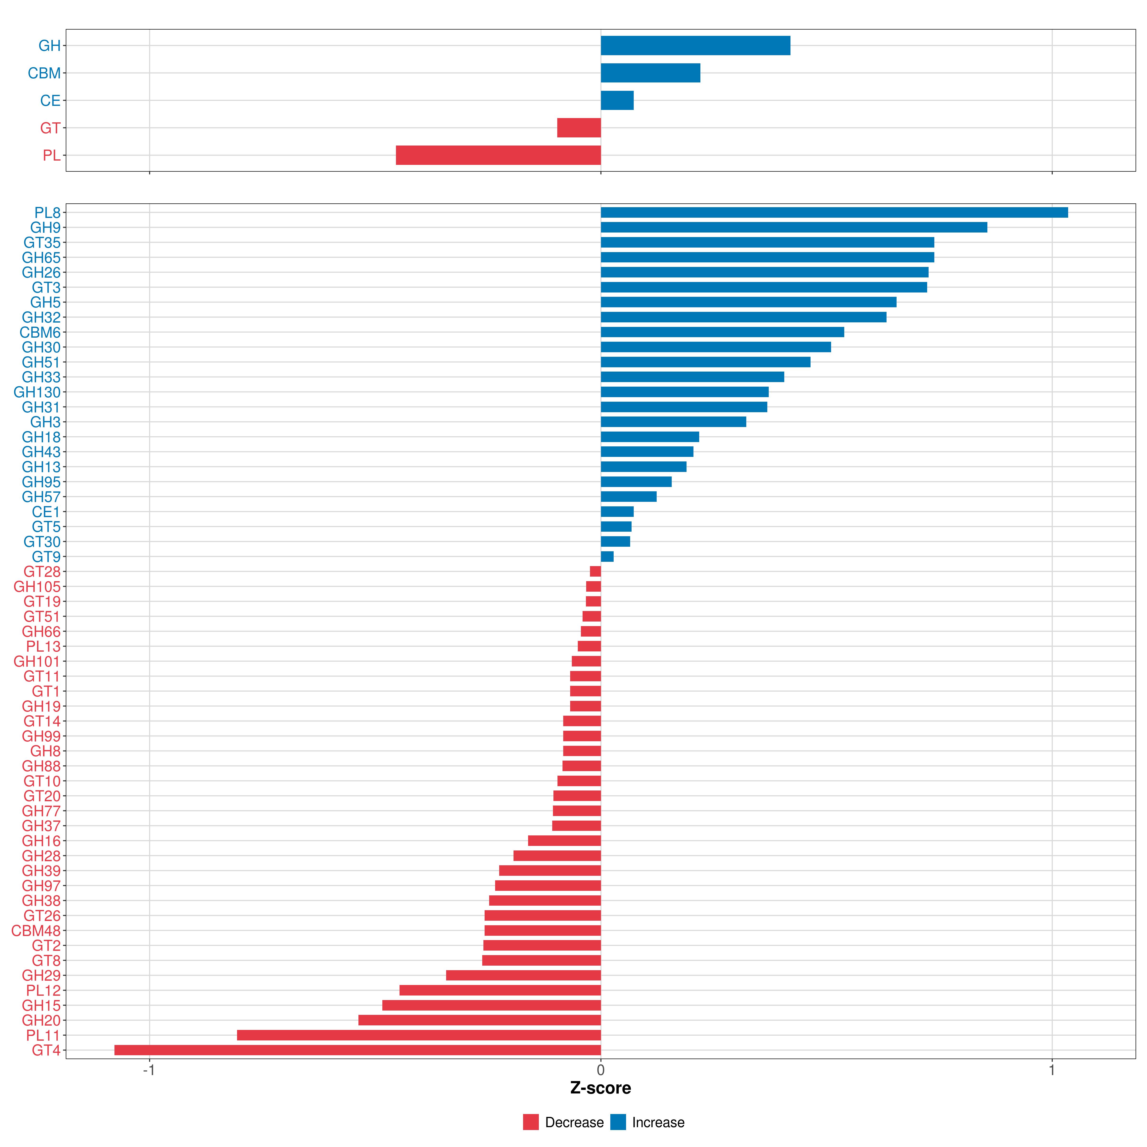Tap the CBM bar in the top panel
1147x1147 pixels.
pyautogui.click(x=650, y=73)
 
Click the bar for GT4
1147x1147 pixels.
pyautogui.click(x=357, y=1050)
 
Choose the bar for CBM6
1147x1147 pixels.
pyautogui.click(x=722, y=332)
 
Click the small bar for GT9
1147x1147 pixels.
pyautogui.click(x=607, y=556)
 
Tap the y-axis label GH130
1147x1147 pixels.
pyautogui.click(x=37, y=392)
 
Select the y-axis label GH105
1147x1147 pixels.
pyautogui.click(x=37, y=587)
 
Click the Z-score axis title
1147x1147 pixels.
pyautogui.click(x=600, y=1088)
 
